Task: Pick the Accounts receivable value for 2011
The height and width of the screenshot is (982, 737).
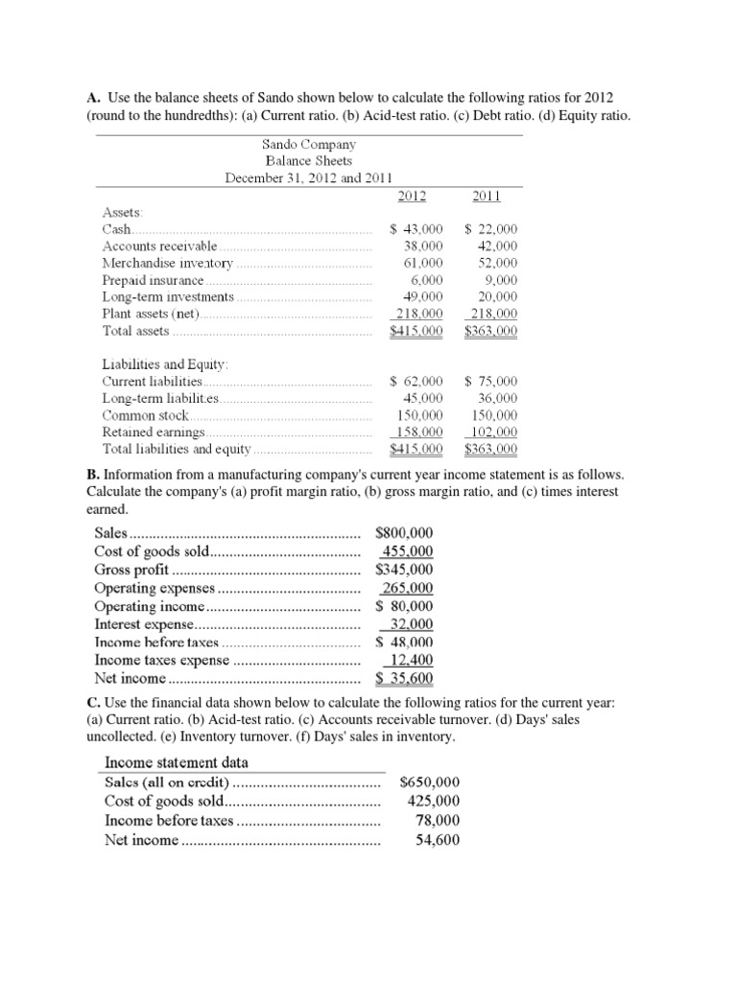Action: [498, 245]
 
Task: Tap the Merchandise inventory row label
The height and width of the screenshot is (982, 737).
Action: [168, 263]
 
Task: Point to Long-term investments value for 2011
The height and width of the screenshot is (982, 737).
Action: [498, 296]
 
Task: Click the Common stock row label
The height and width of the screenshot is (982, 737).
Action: [146, 415]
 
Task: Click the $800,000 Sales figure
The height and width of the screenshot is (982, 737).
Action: [405, 532]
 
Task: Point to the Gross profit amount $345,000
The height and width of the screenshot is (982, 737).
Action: [405, 569]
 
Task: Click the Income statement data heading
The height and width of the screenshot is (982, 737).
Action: [176, 761]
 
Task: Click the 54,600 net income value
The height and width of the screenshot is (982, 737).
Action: [438, 840]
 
